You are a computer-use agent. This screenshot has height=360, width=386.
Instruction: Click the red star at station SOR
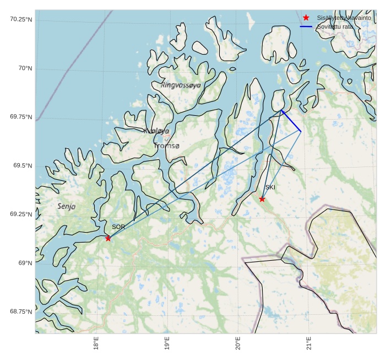[x=108, y=238]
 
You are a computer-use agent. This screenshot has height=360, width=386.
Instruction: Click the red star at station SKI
[x=262, y=199]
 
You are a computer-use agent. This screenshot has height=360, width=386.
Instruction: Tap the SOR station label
[x=118, y=227]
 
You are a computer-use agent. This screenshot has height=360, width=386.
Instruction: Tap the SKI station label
[x=270, y=187]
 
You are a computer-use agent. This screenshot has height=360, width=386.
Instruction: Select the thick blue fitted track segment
[x=291, y=121]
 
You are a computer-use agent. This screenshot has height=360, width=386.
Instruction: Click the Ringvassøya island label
[x=181, y=85]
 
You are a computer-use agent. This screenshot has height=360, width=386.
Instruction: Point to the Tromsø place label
[x=167, y=146]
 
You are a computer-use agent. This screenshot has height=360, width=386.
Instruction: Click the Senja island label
[x=66, y=206]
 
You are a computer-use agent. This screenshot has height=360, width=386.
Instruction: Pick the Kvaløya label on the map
[x=156, y=131]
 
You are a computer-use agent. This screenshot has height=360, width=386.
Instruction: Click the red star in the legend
[x=306, y=18]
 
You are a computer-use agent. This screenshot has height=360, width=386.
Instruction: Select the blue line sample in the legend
[x=306, y=26]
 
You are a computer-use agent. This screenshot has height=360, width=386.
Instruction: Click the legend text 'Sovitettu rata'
[x=335, y=26]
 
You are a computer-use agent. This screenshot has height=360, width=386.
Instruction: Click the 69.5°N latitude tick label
[x=23, y=165]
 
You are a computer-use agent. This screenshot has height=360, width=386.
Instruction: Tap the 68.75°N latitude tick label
[x=21, y=311]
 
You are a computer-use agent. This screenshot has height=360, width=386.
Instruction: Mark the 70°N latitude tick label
[x=25, y=68]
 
